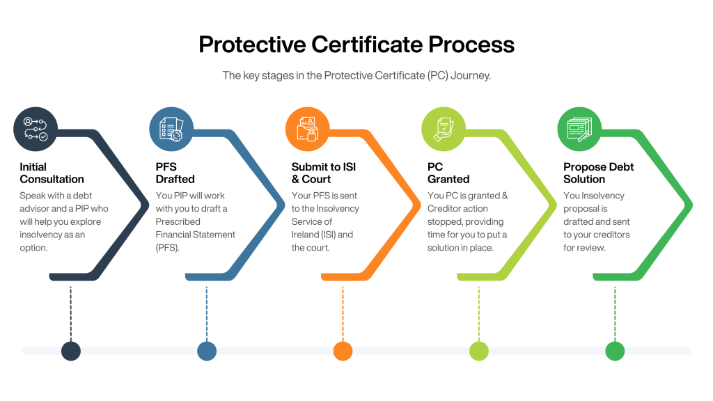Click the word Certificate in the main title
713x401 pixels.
(367, 45)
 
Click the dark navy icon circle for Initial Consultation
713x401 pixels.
(36, 129)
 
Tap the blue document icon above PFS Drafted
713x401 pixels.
(171, 129)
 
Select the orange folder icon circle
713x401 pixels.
(307, 129)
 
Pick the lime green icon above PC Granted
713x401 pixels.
(444, 129)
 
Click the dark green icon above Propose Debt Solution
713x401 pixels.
(579, 129)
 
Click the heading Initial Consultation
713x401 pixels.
(52, 173)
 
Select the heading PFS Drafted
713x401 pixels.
(175, 173)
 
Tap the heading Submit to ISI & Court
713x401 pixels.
(324, 173)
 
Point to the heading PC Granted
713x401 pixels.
(448, 173)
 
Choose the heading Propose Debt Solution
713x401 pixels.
(598, 173)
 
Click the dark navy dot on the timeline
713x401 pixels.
(71, 351)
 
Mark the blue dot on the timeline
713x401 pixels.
(207, 351)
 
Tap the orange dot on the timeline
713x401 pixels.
(343, 351)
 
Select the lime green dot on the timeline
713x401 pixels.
(479, 351)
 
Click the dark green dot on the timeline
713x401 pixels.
(615, 351)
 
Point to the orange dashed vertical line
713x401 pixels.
(343, 314)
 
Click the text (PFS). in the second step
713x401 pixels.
(168, 248)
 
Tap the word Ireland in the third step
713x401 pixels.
(305, 235)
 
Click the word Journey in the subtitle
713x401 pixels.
(471, 75)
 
